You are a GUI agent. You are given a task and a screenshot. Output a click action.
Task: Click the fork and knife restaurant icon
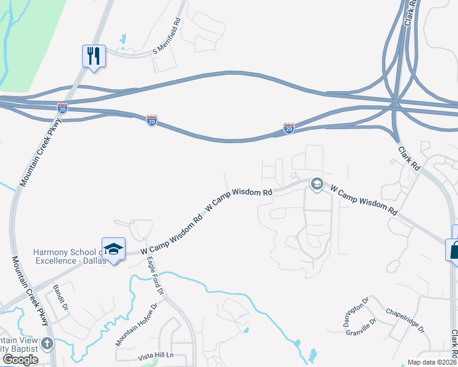click(94, 56)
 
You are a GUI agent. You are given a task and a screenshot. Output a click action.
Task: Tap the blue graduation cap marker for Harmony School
click(113, 249)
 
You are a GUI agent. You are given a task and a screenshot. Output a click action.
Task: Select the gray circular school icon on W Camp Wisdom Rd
click(317, 183)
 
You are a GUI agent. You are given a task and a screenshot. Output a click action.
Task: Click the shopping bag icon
click(454, 249)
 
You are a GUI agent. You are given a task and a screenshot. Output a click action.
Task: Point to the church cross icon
click(47, 343)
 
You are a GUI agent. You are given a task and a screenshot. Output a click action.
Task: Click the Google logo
click(20, 360)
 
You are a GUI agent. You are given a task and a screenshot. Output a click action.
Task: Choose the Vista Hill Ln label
click(156, 355)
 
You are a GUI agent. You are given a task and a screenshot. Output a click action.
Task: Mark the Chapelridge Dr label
click(405, 319)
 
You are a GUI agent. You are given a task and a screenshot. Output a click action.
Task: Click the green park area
click(31, 37)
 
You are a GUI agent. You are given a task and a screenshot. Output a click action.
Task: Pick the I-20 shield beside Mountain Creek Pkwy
click(62, 108)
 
